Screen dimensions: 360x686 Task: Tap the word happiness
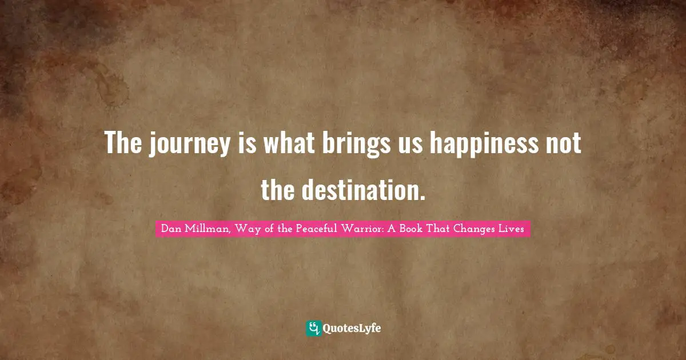(x=478, y=144)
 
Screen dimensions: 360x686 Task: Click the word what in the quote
(x=287, y=144)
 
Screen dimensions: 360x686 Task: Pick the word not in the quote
(x=564, y=144)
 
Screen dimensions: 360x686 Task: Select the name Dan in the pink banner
(x=170, y=229)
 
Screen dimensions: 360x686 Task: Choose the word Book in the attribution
(x=420, y=229)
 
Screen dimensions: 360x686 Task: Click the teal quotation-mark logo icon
(x=314, y=328)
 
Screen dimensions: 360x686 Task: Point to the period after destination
(x=422, y=198)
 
